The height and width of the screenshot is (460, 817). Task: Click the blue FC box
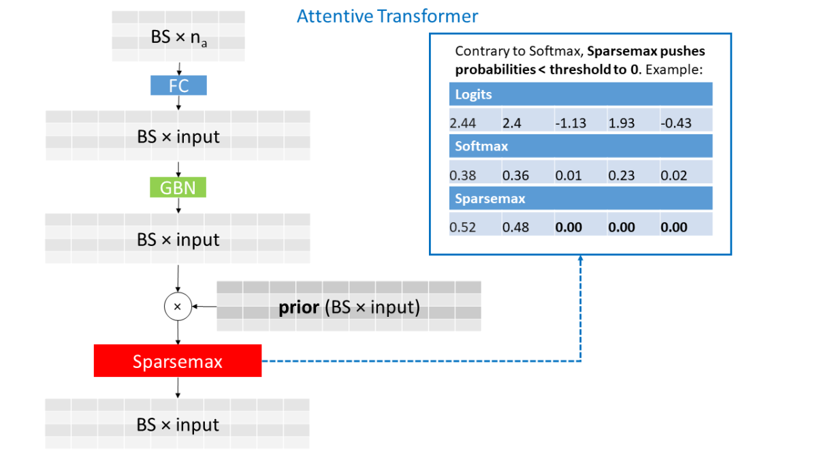coord(178,85)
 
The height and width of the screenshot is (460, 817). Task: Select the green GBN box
coord(178,187)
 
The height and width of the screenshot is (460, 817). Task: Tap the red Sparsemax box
coord(178,361)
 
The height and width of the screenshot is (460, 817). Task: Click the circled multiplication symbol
coord(178,307)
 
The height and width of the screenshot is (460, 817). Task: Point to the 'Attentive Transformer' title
coord(387,16)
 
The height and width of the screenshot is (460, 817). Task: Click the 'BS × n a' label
coord(178,37)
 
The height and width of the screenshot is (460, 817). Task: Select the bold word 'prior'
coord(299,307)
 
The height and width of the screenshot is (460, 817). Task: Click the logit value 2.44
coord(463,123)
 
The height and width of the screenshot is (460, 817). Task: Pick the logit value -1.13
coord(568,123)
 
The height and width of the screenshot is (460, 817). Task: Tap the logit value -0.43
coord(675,123)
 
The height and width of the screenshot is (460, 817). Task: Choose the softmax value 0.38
coord(463,176)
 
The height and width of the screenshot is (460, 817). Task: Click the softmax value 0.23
coord(622,176)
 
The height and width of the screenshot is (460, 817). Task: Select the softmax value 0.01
coord(568,176)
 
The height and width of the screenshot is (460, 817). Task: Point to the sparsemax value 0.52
coord(463,228)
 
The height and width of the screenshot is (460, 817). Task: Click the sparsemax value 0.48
coord(515,228)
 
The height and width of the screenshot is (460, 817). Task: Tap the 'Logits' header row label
coord(473,95)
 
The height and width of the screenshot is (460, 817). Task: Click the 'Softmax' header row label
coord(481,146)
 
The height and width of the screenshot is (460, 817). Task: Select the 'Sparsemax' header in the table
coord(490,198)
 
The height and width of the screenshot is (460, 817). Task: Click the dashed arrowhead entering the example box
coord(580,260)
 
